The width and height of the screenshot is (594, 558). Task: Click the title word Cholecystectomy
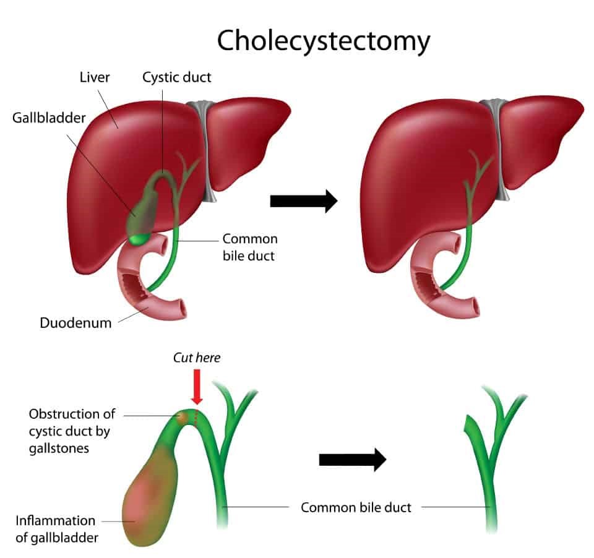click(x=323, y=41)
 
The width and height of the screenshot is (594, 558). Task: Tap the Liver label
click(x=95, y=77)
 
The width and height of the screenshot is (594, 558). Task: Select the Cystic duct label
click(x=176, y=77)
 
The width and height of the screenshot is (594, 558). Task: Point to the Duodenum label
click(x=75, y=322)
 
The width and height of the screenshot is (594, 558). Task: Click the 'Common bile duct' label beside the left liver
click(x=250, y=246)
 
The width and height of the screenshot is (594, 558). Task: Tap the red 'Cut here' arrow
click(x=197, y=387)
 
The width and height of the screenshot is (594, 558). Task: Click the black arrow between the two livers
click(x=303, y=200)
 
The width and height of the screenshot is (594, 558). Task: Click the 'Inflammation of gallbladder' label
click(x=56, y=529)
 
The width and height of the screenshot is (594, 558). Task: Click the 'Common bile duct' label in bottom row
click(x=356, y=507)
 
